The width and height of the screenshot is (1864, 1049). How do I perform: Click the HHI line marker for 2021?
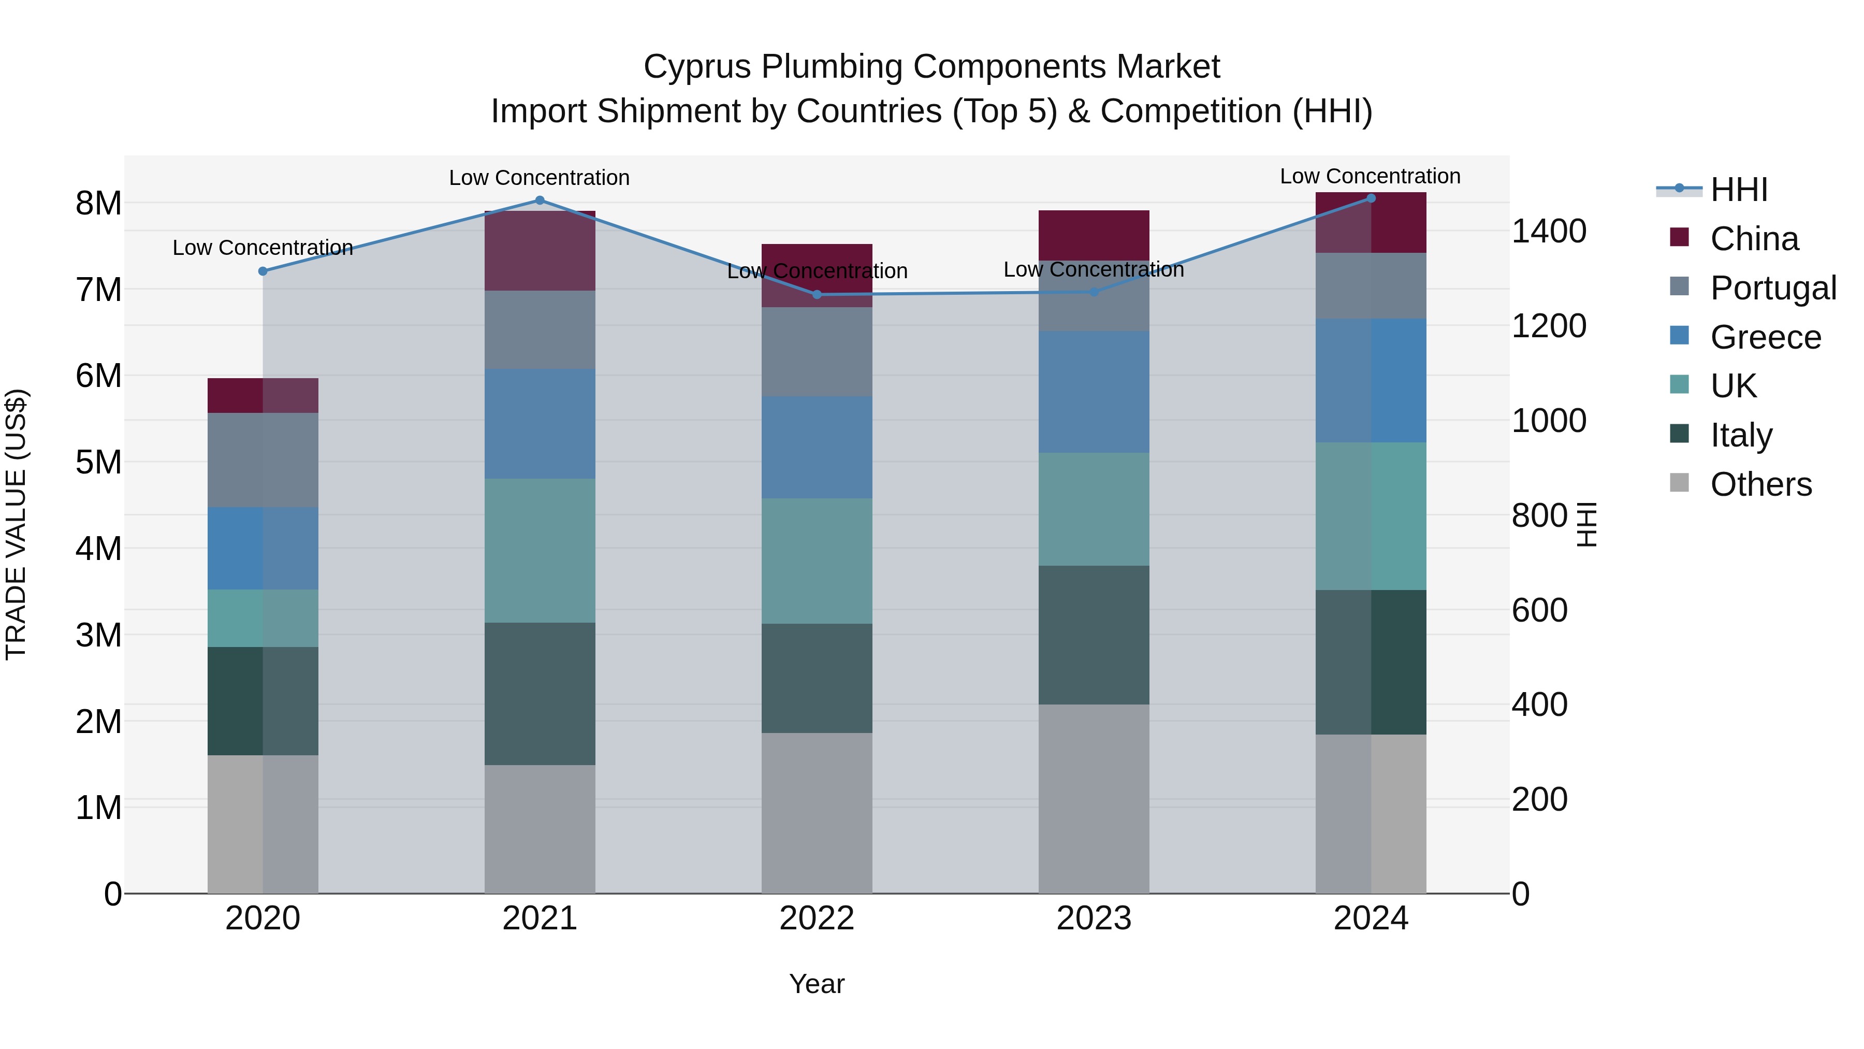pos(540,200)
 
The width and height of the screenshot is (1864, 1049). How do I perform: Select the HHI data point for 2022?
pos(817,295)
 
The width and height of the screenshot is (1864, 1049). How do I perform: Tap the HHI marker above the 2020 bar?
pos(263,271)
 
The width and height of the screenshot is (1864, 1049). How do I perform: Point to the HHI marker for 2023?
pos(1094,293)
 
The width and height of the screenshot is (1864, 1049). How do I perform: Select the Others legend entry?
pos(1741,484)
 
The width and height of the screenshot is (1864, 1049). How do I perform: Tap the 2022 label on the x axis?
pos(817,918)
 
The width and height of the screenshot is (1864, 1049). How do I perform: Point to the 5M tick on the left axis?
pos(98,463)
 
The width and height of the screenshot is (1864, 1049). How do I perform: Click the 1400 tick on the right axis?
pos(1549,232)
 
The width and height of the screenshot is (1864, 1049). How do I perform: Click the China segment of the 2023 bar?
pos(1094,235)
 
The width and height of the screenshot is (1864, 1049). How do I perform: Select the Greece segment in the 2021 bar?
pos(540,424)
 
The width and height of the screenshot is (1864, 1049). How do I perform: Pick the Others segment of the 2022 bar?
pos(817,813)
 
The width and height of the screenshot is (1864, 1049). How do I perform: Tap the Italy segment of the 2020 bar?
pos(263,701)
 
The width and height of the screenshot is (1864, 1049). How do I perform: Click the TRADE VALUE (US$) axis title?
pos(16,525)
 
